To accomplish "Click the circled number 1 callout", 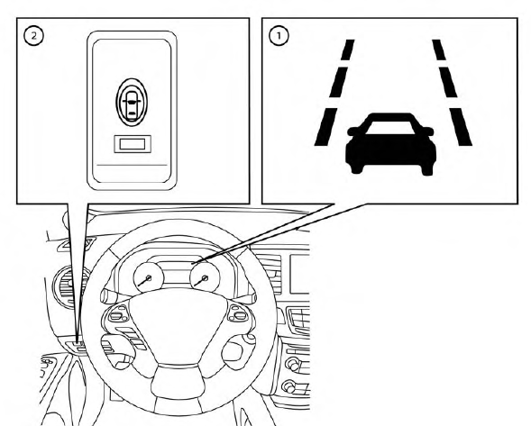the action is point(279,36).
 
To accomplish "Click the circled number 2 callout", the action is point(33,36).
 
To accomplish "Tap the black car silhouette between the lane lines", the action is point(390,144).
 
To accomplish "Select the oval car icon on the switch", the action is point(132,102).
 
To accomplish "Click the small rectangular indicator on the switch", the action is point(133,144).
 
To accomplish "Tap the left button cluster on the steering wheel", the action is point(117,314).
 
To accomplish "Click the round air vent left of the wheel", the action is point(69,286).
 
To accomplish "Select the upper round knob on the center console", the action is point(293,365).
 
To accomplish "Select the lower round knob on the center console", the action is point(288,386).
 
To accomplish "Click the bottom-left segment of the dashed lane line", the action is point(325,127).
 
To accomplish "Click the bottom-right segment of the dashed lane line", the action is point(460,127).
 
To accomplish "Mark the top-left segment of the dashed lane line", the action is point(348,50).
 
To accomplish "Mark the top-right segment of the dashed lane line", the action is point(438,50).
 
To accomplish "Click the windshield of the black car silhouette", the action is point(390,128).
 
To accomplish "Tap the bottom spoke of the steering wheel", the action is point(178,383).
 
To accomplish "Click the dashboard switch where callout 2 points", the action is point(78,346).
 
